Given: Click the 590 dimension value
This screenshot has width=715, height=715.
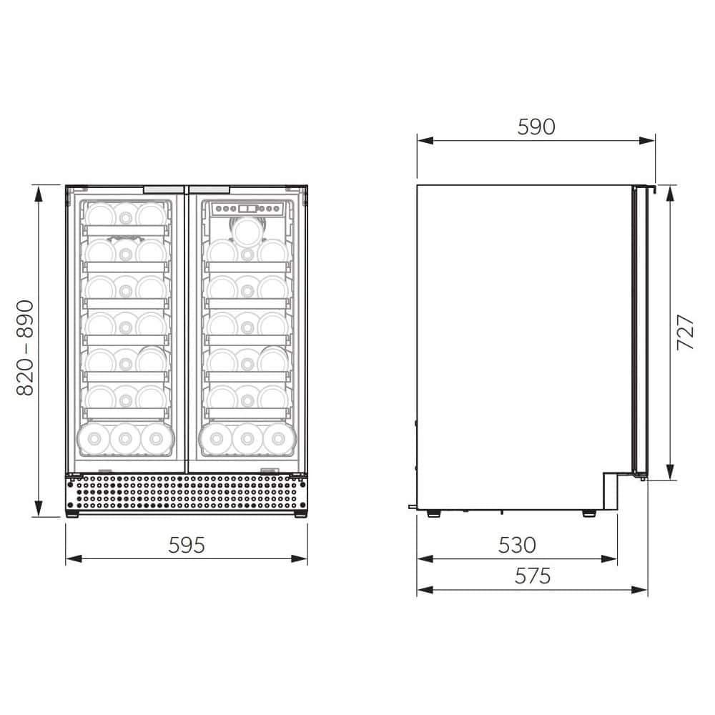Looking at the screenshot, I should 536,127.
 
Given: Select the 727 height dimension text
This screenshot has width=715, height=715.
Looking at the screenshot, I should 685,332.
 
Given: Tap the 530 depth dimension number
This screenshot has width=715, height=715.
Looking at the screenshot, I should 517,545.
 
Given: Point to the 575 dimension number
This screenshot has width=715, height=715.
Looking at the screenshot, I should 533,576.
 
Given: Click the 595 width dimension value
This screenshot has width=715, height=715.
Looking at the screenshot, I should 187,545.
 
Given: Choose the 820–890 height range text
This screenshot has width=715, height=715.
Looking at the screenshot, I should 26,347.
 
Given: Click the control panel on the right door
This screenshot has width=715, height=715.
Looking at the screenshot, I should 247,209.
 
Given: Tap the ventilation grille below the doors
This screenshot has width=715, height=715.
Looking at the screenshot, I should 186,493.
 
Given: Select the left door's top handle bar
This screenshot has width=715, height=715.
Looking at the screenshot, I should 164,189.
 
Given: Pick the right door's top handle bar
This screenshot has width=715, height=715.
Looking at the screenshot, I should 209,189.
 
